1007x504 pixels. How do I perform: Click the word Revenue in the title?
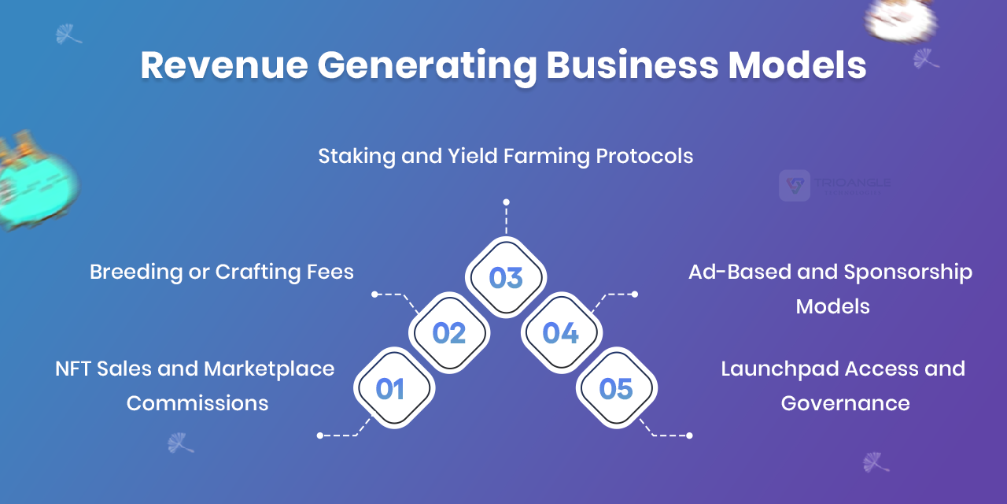point(224,65)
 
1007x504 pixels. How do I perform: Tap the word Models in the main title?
point(797,65)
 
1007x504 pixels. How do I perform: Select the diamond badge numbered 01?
point(394,388)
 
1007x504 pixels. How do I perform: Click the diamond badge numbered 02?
point(449,332)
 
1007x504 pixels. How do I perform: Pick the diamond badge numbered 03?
point(506,277)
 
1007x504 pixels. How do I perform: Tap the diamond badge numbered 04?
point(562,332)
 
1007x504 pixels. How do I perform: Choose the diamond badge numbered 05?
point(616,388)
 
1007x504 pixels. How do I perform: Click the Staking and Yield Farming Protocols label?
point(506,157)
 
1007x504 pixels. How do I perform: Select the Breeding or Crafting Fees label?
point(222,272)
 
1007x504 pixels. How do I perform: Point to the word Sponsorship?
point(908,272)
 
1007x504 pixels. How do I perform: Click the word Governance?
point(845,403)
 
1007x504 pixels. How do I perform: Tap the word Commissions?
point(197,403)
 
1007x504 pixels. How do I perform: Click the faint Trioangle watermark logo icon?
point(795,185)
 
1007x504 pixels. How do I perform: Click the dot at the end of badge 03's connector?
point(506,202)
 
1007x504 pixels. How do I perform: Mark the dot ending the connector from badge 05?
point(690,435)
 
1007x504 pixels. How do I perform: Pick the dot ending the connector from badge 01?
point(320,435)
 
